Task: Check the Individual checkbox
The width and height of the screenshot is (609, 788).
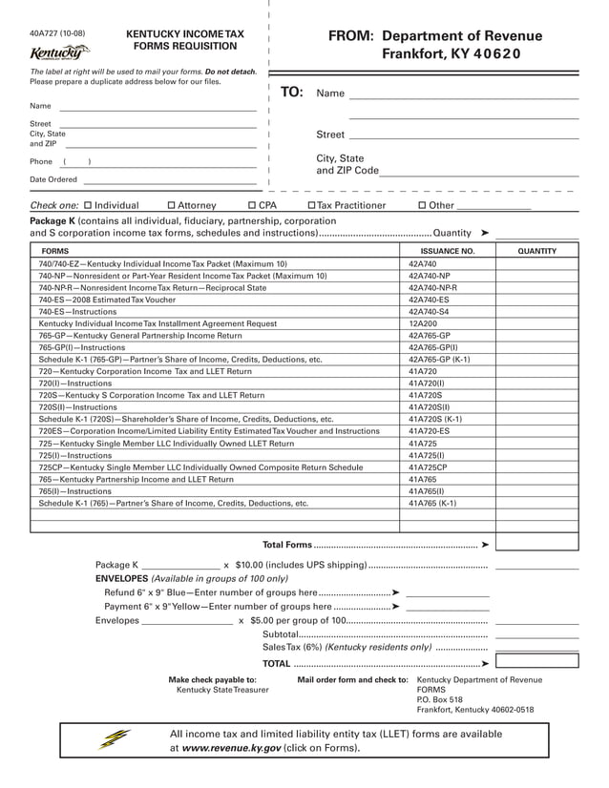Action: (x=88, y=205)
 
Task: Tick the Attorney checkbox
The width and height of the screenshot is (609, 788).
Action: (x=171, y=205)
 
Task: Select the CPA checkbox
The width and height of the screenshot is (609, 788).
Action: (x=252, y=205)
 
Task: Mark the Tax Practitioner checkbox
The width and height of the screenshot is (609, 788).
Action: (x=311, y=205)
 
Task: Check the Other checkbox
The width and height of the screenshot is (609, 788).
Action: (x=422, y=205)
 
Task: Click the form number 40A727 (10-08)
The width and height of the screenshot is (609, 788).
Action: (x=57, y=33)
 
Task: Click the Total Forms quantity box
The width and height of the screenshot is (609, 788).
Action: (x=536, y=544)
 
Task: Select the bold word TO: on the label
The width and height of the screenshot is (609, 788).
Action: (x=291, y=93)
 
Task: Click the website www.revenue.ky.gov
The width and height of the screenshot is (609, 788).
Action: (x=232, y=749)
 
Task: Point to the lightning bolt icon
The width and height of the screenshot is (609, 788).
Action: (x=113, y=739)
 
